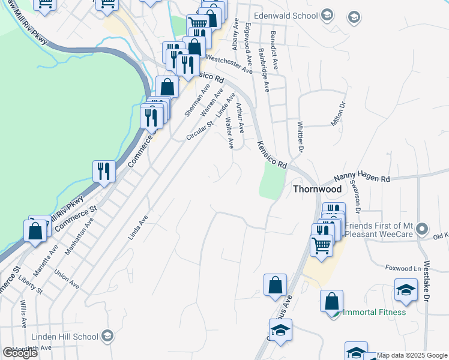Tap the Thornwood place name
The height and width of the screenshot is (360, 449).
pos(317,189)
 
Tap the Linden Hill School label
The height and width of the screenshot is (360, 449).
pos(67,334)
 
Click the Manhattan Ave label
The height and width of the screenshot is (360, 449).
pos(79,236)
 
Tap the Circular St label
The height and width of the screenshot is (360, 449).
pos(200,131)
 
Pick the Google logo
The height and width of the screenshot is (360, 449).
pos(20,353)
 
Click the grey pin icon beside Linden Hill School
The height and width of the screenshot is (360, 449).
pos(108,334)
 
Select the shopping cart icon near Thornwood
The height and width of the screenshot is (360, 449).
pos(322,245)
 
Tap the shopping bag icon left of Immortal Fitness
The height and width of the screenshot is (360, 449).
pos(331,301)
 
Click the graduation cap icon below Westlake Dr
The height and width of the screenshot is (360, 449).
pos(406,291)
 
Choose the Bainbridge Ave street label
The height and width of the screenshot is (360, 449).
pos(264,70)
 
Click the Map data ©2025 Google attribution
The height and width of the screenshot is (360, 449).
pos(412,355)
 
